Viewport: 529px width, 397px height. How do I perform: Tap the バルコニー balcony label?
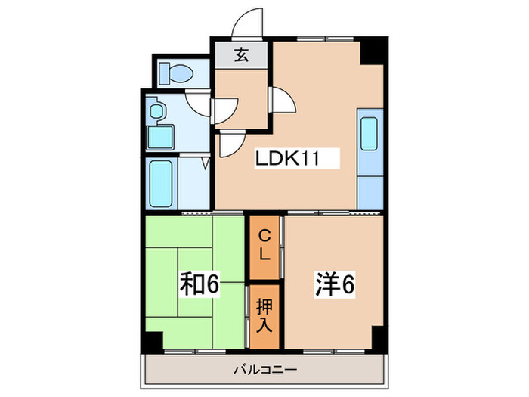pyautogui.click(x=264, y=370)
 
